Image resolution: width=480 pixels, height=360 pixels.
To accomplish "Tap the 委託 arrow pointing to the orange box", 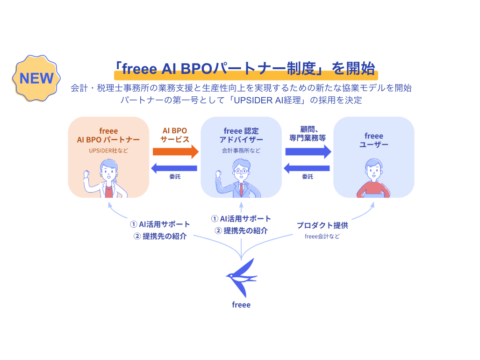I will tap(175, 167).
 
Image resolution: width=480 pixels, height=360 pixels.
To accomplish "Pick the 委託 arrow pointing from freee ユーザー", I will tap(307, 167).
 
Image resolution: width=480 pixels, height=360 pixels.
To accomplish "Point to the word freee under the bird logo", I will tap(241, 305).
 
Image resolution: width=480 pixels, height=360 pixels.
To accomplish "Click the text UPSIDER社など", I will tap(108, 151).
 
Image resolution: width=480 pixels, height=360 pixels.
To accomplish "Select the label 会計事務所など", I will tap(241, 151).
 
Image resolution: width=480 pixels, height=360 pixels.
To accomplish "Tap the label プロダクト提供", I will tap(322, 225).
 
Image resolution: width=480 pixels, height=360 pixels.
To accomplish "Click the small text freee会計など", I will tap(322, 237).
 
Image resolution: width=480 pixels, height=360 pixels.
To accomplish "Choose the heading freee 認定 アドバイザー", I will tap(241, 135).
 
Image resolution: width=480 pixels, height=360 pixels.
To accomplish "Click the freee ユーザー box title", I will tap(373, 140).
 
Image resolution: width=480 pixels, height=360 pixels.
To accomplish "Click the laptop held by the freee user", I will tap(373, 195).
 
